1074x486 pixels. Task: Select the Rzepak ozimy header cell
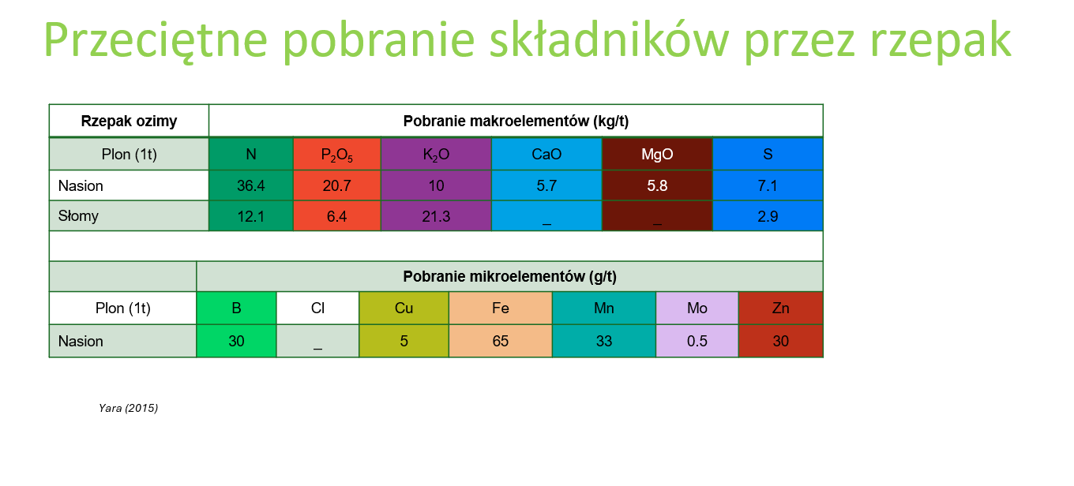coord(129,121)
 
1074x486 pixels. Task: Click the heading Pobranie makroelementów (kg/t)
coord(516,121)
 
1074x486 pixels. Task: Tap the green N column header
coord(251,155)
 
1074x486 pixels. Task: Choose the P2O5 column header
coord(336,155)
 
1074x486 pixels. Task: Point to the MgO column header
coord(657,155)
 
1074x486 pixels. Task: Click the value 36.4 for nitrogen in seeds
coord(251,186)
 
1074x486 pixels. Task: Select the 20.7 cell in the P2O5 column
coord(336,186)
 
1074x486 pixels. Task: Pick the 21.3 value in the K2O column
coord(436,216)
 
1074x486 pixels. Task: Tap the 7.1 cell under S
coord(768,186)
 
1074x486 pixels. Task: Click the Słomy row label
coord(79,215)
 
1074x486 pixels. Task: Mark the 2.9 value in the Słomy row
coord(768,216)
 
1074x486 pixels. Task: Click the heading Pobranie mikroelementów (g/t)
coord(509,277)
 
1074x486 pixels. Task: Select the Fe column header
coord(501,308)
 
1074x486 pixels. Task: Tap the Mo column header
coord(697,308)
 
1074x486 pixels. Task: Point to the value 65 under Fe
coord(501,342)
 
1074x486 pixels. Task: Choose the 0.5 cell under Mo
coord(697,342)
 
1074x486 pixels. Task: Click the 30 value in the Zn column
coord(780,342)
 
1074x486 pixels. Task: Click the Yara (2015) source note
coord(128,408)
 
